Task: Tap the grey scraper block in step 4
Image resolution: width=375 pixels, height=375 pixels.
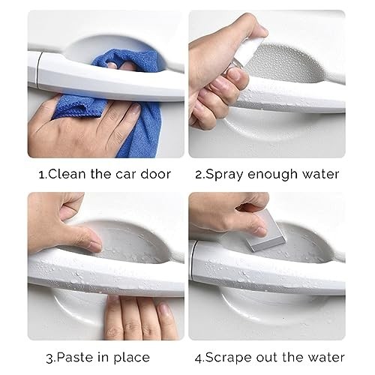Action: pyautogui.click(x=265, y=231)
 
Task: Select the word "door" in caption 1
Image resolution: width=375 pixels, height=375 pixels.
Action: pyautogui.click(x=155, y=174)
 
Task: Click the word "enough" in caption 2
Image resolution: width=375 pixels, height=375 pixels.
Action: pyautogui.click(x=272, y=175)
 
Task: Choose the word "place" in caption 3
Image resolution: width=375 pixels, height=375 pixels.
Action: pyautogui.click(x=132, y=358)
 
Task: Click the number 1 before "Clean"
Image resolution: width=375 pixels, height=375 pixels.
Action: pyautogui.click(x=42, y=175)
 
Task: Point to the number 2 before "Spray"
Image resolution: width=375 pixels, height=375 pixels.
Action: pyautogui.click(x=199, y=175)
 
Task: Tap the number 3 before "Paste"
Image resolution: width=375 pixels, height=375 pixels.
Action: pyautogui.click(x=50, y=358)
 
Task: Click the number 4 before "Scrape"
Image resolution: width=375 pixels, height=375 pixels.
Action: pyautogui.click(x=199, y=358)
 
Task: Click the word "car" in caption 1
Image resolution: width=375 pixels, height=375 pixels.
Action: pyautogui.click(x=126, y=175)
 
